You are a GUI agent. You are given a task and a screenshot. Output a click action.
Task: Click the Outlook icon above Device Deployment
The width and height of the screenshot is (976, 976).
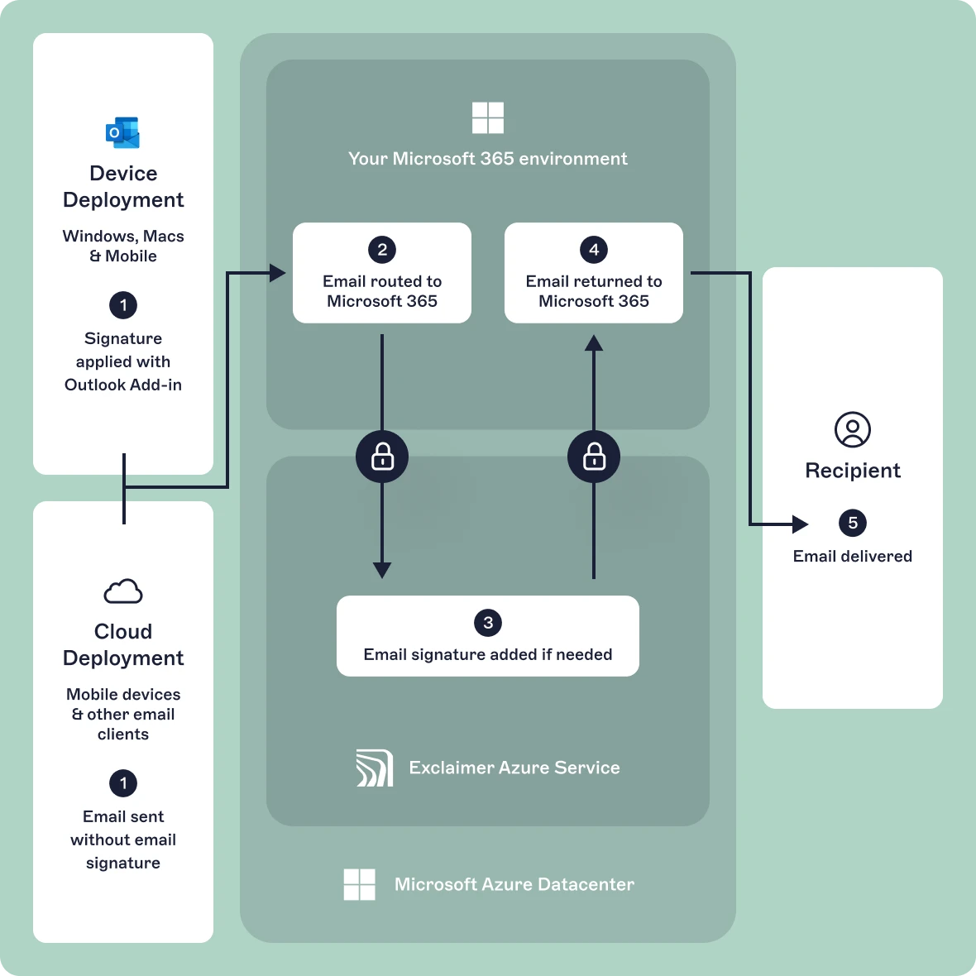tap(122, 132)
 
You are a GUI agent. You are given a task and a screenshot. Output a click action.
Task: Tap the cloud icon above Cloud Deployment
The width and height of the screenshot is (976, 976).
tap(123, 591)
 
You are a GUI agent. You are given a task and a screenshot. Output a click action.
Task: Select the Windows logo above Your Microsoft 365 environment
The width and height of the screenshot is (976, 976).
tap(488, 117)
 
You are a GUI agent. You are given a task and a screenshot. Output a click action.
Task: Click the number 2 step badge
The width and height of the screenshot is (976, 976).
tap(382, 250)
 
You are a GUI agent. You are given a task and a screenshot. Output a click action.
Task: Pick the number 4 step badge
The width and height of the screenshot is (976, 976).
tap(594, 250)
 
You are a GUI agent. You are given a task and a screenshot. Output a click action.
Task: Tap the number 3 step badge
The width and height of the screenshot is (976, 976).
tap(488, 623)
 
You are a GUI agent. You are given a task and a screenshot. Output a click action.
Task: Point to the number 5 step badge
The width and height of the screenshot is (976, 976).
tap(853, 523)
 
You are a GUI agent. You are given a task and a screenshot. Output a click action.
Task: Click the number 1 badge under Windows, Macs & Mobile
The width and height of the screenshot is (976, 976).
tap(123, 305)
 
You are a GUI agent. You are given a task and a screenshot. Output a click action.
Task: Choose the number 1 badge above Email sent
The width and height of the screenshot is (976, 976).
tap(123, 783)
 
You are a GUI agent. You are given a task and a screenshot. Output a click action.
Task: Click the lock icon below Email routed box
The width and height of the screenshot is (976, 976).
tap(382, 457)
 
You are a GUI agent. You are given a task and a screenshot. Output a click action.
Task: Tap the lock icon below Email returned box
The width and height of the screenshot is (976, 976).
tap(594, 457)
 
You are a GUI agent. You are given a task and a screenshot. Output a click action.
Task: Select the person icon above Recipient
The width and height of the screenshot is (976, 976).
tap(853, 430)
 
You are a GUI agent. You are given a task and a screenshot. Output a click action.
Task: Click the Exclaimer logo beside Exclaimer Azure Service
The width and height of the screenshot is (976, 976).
tap(374, 768)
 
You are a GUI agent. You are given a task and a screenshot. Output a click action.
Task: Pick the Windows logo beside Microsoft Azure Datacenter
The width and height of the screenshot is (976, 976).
tap(360, 884)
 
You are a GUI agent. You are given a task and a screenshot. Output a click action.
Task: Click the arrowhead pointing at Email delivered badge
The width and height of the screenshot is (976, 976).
tap(800, 524)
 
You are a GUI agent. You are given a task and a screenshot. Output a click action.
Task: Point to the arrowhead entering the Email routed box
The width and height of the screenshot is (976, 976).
tap(278, 273)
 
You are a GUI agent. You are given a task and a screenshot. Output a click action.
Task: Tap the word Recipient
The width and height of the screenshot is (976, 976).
tap(853, 471)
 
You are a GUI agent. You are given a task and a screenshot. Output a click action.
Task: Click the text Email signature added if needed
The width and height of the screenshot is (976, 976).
tap(488, 654)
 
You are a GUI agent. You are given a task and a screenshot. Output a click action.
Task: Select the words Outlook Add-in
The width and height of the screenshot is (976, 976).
tap(123, 385)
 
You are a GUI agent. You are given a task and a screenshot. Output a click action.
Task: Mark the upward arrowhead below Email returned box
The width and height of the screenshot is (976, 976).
tap(594, 342)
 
